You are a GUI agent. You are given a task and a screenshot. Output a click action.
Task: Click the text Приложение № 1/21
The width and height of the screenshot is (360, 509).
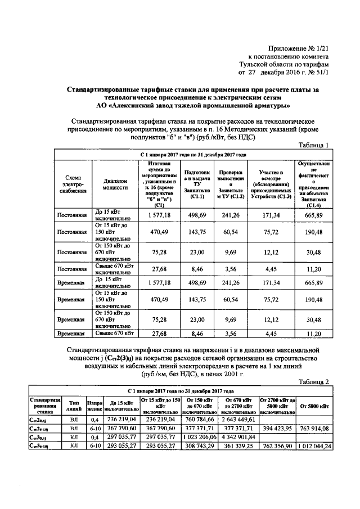299,49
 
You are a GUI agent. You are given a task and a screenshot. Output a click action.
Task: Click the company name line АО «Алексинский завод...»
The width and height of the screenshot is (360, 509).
193,105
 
